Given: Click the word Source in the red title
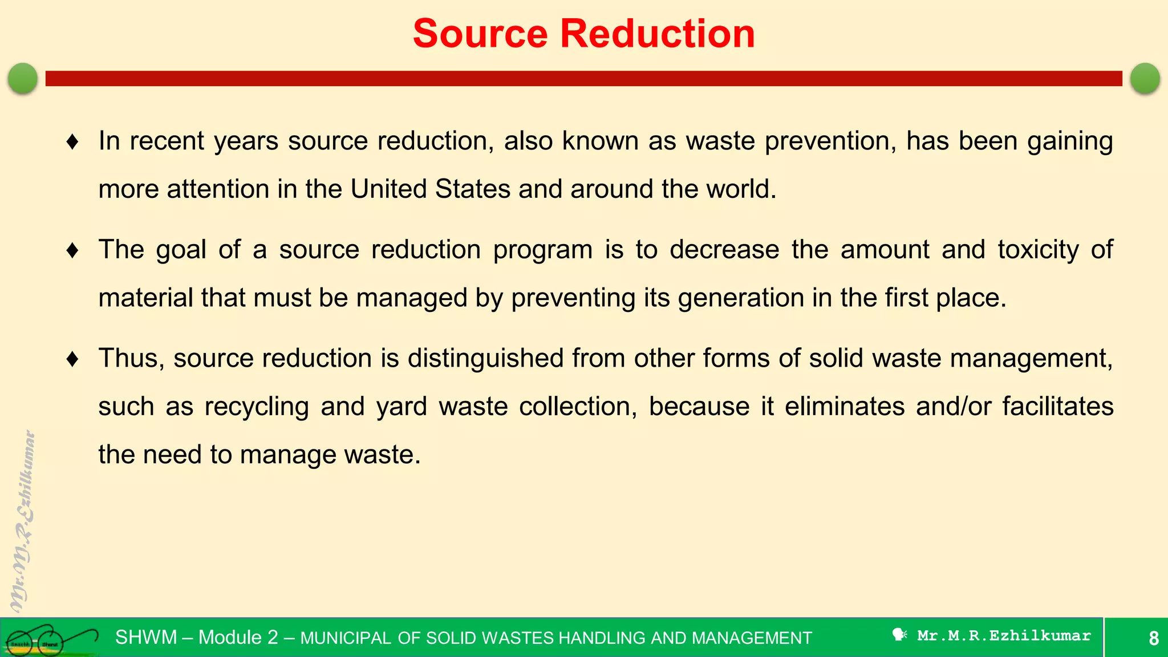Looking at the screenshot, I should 481,34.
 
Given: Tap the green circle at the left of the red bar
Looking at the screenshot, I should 23,78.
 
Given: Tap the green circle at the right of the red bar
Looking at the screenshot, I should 1145,78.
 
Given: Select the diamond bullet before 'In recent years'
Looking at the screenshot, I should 72,141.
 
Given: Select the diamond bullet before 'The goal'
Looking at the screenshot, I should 72,250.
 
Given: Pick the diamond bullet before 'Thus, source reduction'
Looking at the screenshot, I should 72,359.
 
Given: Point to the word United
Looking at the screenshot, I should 388,189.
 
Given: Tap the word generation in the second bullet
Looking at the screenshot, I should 741,298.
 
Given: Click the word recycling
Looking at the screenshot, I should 257,407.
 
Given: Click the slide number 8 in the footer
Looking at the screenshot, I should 1153,638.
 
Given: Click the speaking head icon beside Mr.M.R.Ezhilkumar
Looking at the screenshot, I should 899,635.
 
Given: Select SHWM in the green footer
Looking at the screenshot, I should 146,637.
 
